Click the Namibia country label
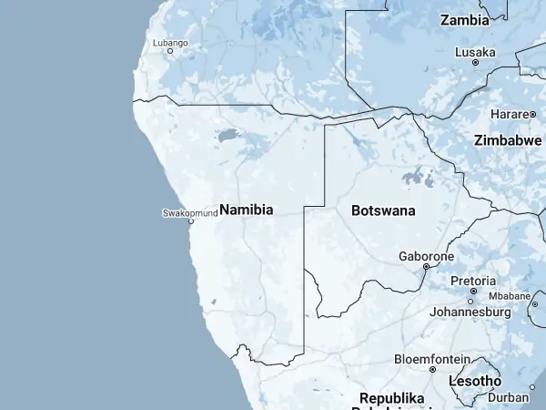[246, 210]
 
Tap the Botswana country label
[383, 210]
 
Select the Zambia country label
[470, 19]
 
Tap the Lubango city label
[169, 42]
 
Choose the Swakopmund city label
[189, 213]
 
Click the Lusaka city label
[475, 52]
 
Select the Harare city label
[510, 114]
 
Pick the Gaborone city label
[426, 257]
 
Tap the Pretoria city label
[473, 281]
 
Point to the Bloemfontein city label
[431, 359]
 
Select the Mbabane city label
[509, 296]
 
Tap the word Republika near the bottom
[392, 399]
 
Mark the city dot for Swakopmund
[191, 221]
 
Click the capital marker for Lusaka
[475, 63]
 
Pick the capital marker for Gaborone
[426, 267]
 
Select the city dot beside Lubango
[169, 51]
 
